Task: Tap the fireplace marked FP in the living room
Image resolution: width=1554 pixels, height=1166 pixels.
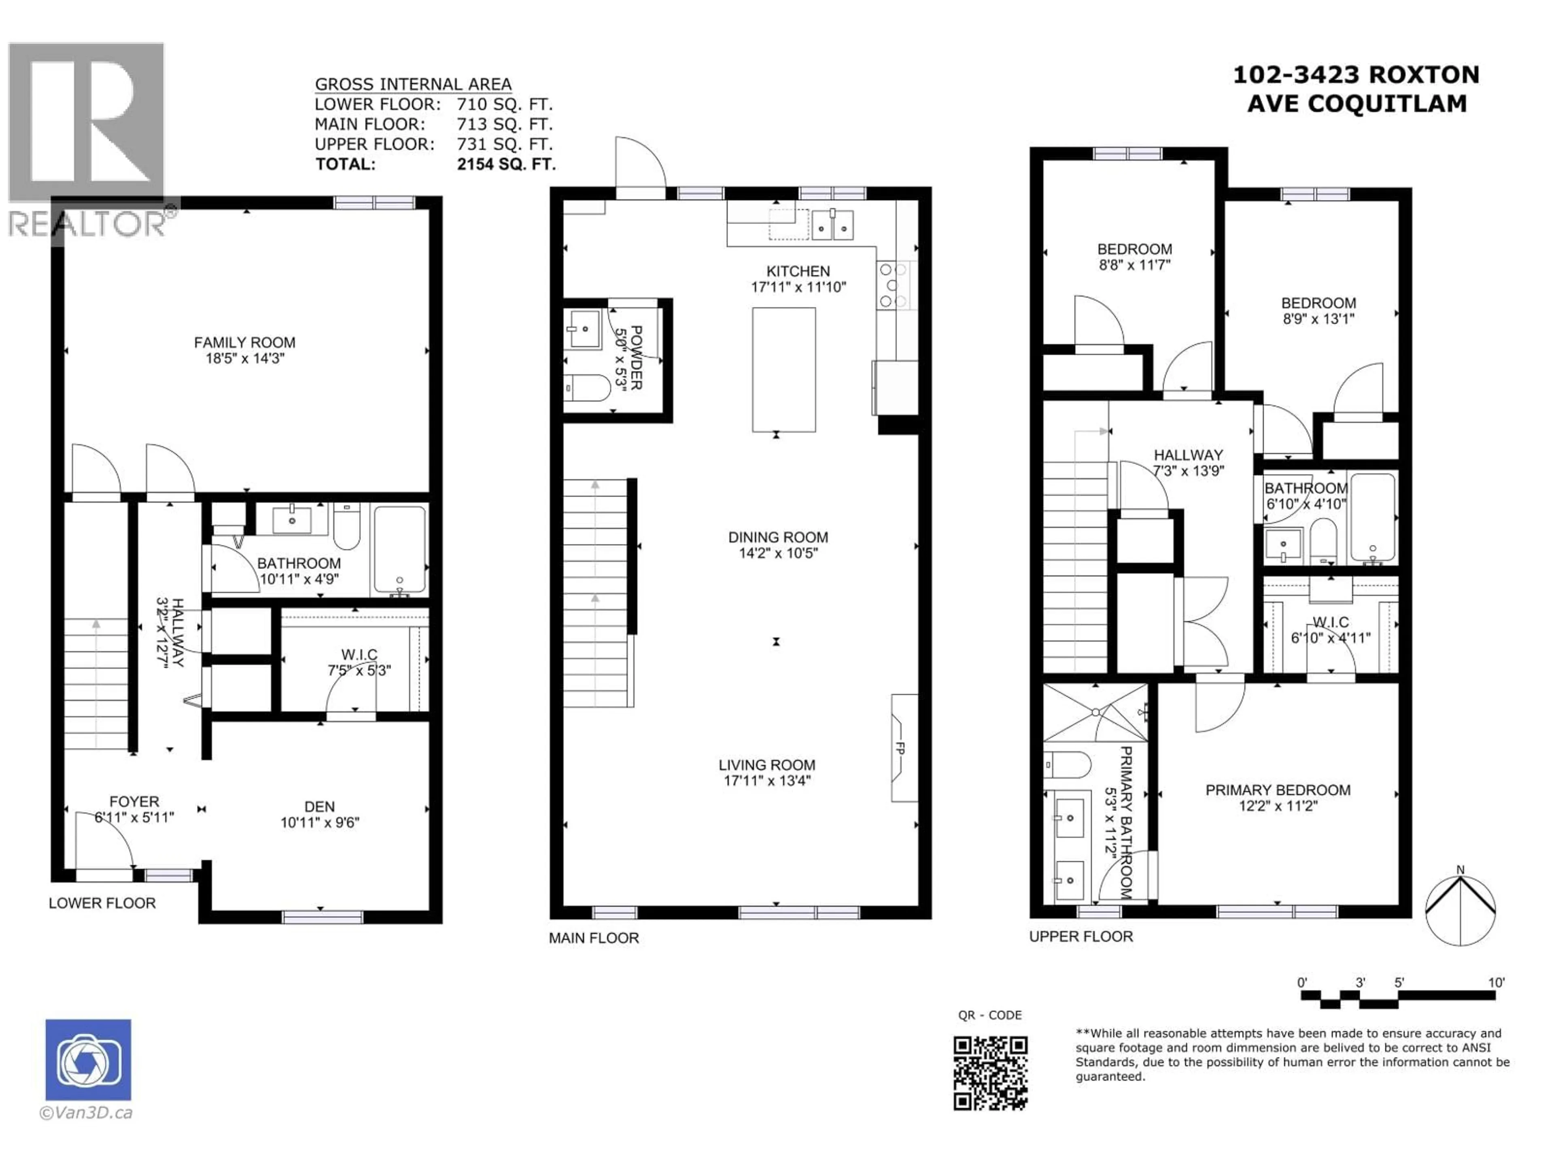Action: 903,749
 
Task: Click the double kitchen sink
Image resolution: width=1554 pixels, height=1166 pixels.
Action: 832,226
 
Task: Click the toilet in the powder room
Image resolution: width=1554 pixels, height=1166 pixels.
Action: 589,388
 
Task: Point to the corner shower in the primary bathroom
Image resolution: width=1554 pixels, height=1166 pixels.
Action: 1095,713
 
